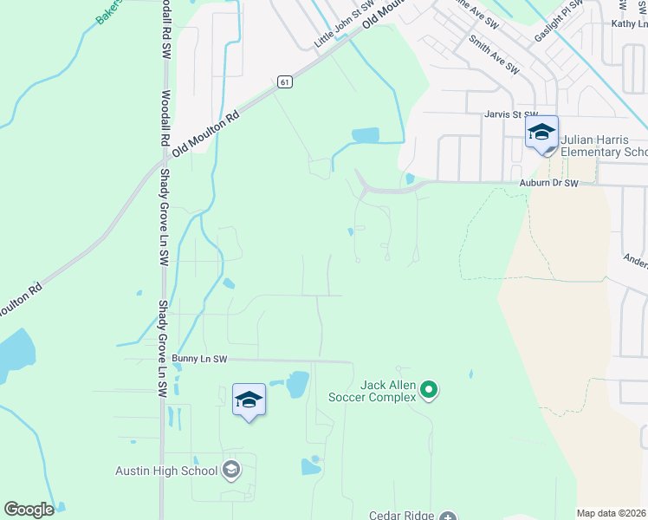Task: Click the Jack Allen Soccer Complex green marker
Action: (x=429, y=392)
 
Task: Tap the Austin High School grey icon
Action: (x=230, y=471)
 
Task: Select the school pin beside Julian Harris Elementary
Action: (x=541, y=133)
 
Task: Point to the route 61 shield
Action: (x=284, y=81)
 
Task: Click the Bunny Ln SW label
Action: (x=199, y=358)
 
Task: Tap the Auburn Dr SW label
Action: (x=548, y=183)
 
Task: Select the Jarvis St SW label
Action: (x=511, y=114)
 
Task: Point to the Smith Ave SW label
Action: (x=493, y=54)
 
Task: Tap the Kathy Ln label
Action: (x=629, y=24)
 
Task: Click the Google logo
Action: (x=29, y=510)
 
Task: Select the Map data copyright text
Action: (x=612, y=513)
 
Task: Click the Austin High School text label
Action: (x=166, y=471)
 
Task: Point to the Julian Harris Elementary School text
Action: (x=603, y=146)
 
